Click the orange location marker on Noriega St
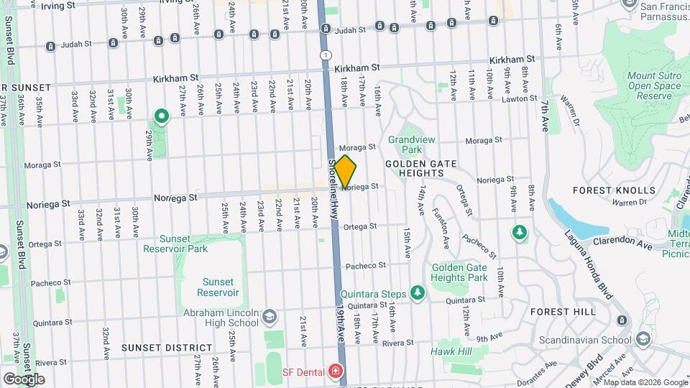tap(346, 172)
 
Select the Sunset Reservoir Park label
tap(175, 244)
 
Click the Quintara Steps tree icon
tap(417, 292)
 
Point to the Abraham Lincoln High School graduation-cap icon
tap(269, 317)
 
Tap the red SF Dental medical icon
tap(334, 371)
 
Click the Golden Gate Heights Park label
tap(459, 273)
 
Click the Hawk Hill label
tap(451, 351)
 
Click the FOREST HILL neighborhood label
tap(563, 312)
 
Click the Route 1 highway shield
tap(326, 55)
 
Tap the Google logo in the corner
tap(24, 379)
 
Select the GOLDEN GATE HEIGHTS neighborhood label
tap(422, 168)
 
